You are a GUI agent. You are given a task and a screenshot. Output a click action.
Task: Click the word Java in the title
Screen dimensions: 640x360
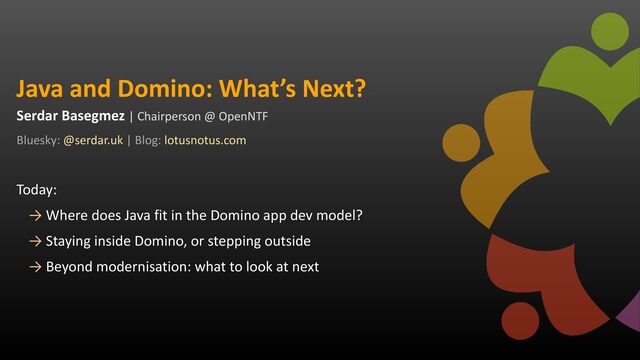pos(40,89)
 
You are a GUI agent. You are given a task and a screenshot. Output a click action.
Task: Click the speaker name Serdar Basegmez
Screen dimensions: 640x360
pos(70,116)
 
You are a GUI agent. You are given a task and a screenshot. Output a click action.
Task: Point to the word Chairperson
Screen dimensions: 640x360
pos(169,117)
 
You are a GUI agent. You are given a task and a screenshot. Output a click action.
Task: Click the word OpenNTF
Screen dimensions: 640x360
pos(243,117)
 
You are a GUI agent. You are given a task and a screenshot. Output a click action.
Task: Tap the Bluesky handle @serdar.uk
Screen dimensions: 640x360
pos(93,140)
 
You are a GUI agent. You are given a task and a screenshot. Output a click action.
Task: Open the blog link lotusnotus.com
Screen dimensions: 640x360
pos(205,140)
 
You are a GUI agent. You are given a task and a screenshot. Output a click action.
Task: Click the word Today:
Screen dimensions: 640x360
pos(37,190)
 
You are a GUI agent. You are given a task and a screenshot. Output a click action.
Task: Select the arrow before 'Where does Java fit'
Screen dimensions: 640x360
pos(36,216)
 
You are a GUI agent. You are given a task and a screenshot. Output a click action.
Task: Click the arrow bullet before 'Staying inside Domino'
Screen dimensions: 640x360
pos(36,241)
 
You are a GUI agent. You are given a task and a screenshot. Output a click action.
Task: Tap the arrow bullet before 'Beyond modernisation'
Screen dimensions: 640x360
pos(36,267)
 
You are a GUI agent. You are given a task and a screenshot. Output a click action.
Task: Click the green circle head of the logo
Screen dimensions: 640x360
pos(610,31)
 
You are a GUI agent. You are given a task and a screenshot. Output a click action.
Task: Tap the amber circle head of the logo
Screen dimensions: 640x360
pos(461,143)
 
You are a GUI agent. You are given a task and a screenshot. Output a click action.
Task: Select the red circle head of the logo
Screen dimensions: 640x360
pos(520,321)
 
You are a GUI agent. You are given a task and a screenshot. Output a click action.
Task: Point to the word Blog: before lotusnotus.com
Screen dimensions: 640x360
pos(148,140)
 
